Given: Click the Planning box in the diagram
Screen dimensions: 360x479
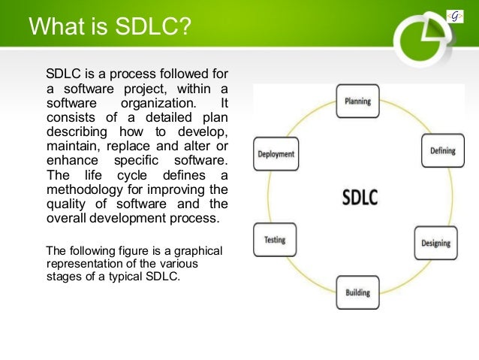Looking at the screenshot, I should coord(357,101).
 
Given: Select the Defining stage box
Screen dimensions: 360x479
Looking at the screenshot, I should coord(442,150).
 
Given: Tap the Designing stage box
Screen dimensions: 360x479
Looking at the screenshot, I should coord(435,242).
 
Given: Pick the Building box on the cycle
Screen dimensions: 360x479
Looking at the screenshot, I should coord(357,292).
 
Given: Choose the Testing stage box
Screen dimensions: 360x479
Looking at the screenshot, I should coord(274,241).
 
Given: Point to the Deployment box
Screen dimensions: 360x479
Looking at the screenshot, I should coord(276,154).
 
